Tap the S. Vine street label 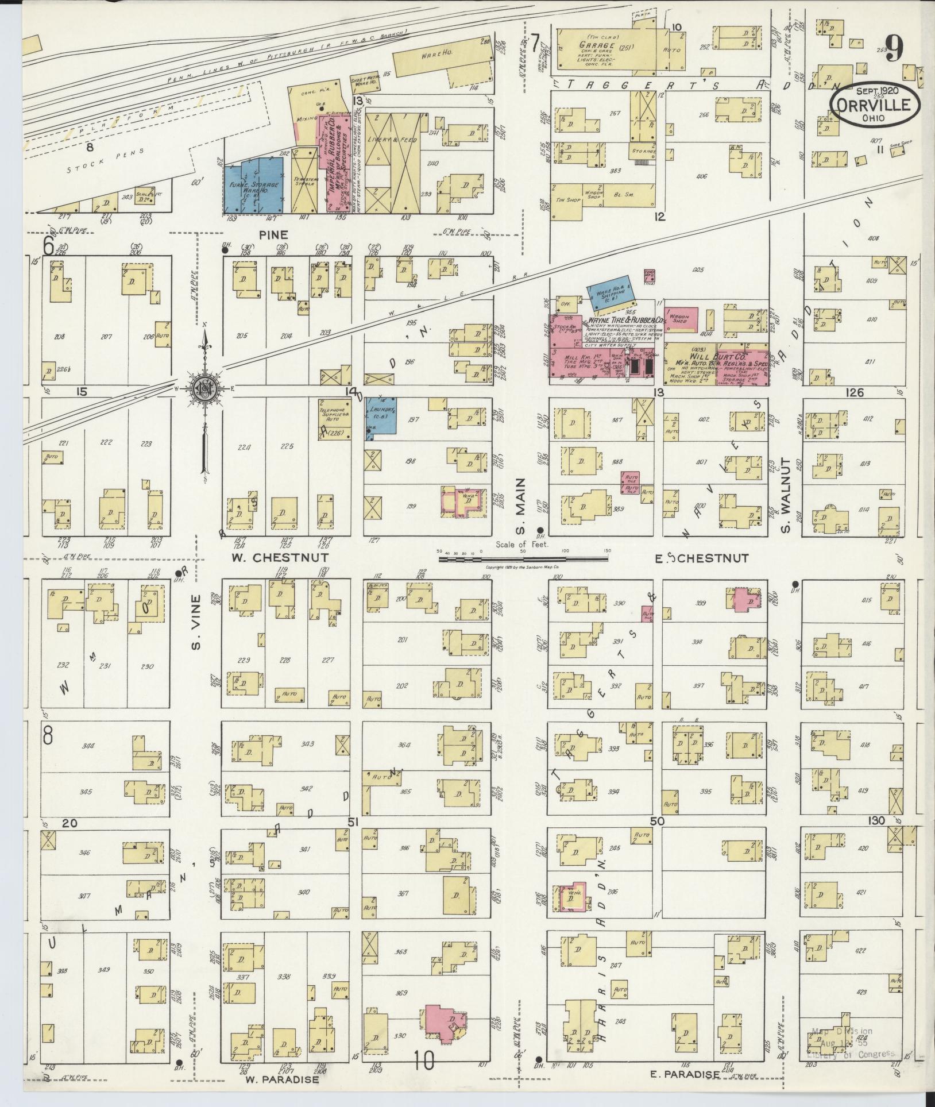pyautogui.click(x=196, y=623)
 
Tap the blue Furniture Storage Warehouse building pyautogui.click(x=253, y=185)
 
